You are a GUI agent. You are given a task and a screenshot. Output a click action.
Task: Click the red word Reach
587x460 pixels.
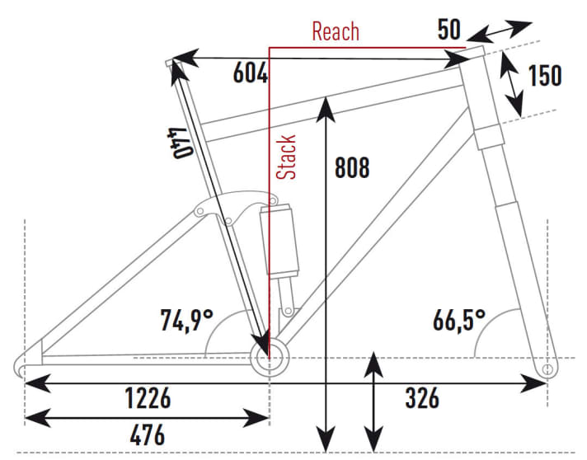pos(336,31)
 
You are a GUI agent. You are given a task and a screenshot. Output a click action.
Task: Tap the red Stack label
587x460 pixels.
pos(287,157)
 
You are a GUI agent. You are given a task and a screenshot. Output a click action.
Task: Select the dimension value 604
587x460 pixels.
pos(251,73)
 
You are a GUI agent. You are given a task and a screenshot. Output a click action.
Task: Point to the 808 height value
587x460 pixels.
pos(352,167)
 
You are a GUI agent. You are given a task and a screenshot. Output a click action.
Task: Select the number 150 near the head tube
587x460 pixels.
pos(544,75)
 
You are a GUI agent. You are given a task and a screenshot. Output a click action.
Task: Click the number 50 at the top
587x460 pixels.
pos(448,31)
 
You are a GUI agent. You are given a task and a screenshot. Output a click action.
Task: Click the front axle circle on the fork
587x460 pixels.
pos(547,369)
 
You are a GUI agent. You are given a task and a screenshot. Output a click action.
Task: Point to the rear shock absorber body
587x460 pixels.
pos(278,239)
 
